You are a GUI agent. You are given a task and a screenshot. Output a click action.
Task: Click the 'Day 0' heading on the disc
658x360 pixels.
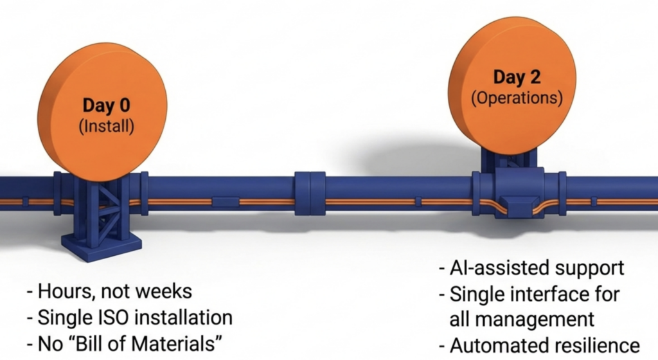[x=106, y=105]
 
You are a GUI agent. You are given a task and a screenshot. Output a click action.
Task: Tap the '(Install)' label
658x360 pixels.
[x=106, y=127]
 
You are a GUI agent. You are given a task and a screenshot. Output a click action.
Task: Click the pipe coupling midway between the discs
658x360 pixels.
[x=310, y=193]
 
